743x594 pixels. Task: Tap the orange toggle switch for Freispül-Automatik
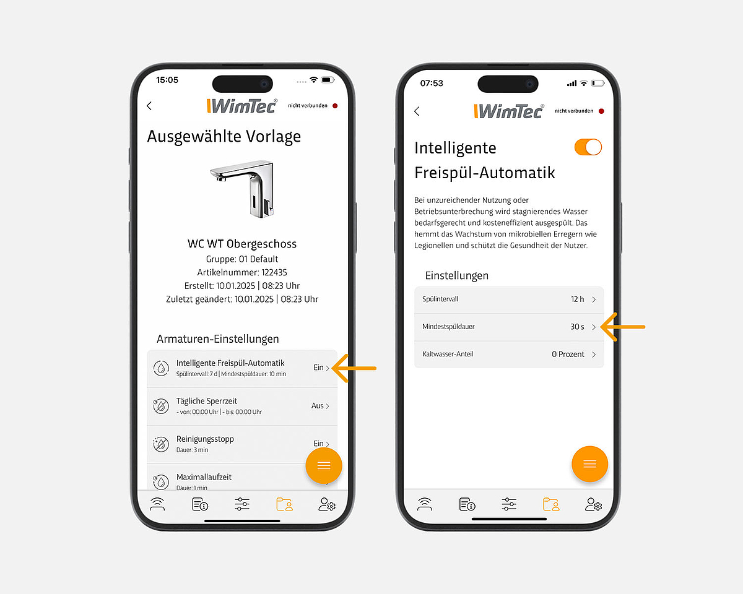pyautogui.click(x=588, y=147)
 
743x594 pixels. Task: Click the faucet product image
pyautogui.click(x=243, y=189)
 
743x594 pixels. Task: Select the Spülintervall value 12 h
pyautogui.click(x=577, y=299)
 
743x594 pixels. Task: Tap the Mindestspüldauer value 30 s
pyautogui.click(x=577, y=327)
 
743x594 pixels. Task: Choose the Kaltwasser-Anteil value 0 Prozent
pyautogui.click(x=568, y=354)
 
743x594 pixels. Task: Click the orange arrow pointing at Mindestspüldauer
pyautogui.click(x=622, y=327)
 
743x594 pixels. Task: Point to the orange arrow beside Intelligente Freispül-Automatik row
pyautogui.click(x=354, y=368)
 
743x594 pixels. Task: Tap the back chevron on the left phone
pyautogui.click(x=149, y=106)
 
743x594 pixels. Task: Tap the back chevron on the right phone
pyautogui.click(x=417, y=111)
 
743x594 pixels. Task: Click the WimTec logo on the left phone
pyautogui.click(x=242, y=106)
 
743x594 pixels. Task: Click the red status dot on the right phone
pyautogui.click(x=601, y=111)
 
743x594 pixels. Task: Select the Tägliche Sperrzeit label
pyautogui.click(x=206, y=401)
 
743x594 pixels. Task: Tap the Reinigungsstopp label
pyautogui.click(x=205, y=439)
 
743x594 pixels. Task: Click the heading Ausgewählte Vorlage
pyautogui.click(x=224, y=136)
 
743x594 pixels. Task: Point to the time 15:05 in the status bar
pyautogui.click(x=167, y=80)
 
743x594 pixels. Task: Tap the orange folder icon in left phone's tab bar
pyautogui.click(x=284, y=504)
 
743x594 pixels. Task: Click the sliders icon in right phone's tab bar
pyautogui.click(x=509, y=504)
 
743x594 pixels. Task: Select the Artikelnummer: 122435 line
pyautogui.click(x=242, y=272)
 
